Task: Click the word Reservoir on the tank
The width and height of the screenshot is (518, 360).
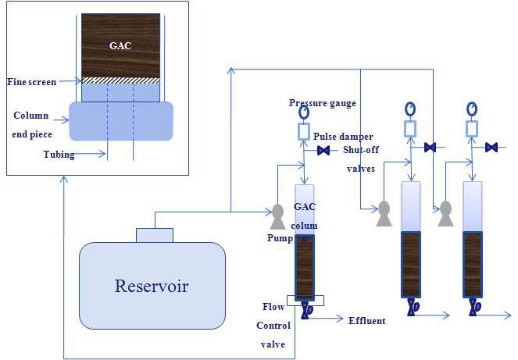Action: pos(152,285)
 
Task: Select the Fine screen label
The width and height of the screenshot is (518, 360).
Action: pos(30,81)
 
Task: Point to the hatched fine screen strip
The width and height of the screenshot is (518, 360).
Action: pos(120,80)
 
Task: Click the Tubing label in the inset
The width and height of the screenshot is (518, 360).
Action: pos(59,154)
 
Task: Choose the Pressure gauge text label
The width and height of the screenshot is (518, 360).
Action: pos(323,103)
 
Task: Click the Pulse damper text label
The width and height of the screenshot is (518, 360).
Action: pos(344,137)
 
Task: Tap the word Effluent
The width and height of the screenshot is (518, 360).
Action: pos(366,320)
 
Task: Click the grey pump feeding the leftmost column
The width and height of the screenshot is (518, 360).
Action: pos(277,213)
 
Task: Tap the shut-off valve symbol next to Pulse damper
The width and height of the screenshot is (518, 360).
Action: pos(323,150)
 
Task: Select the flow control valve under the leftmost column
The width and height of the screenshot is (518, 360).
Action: pos(305,309)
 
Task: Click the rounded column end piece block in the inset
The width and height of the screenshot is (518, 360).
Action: pos(120,121)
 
